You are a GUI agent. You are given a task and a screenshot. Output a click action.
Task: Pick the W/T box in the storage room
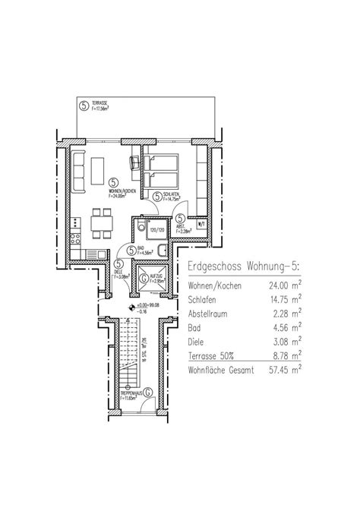coord(201,225)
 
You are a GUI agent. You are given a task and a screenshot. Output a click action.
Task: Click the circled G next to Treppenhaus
coord(148,392)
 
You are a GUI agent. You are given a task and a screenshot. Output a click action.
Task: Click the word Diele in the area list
coord(199,341)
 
